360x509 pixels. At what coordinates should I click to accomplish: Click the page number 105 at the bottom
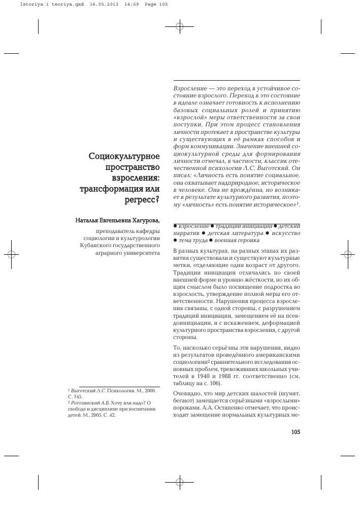[x=296, y=432]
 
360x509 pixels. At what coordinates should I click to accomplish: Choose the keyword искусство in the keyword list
[x=286, y=232]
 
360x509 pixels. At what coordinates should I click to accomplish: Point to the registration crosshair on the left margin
[x=11, y=254]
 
